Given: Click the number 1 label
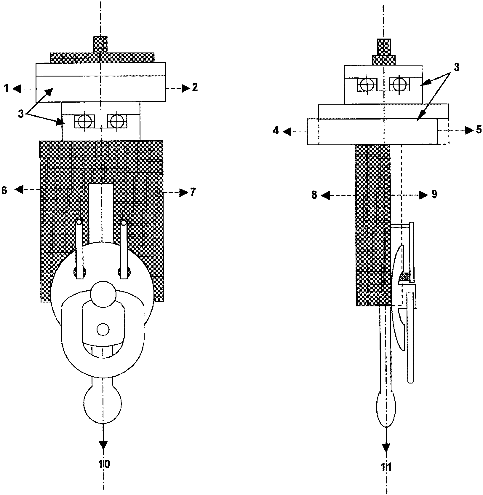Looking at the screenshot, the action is click(7, 88).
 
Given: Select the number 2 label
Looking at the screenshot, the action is click(194, 88).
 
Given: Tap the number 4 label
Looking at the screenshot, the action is click(276, 130).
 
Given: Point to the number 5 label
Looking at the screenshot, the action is click(479, 130).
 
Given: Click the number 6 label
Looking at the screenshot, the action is click(4, 190).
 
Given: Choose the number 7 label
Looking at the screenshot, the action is click(193, 192).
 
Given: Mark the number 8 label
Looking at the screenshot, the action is click(314, 195).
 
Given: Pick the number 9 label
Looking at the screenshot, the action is click(434, 195).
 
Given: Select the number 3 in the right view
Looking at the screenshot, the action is click(456, 68).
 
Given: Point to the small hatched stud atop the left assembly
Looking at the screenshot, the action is click(100, 44).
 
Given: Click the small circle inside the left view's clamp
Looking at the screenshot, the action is click(103, 330).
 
